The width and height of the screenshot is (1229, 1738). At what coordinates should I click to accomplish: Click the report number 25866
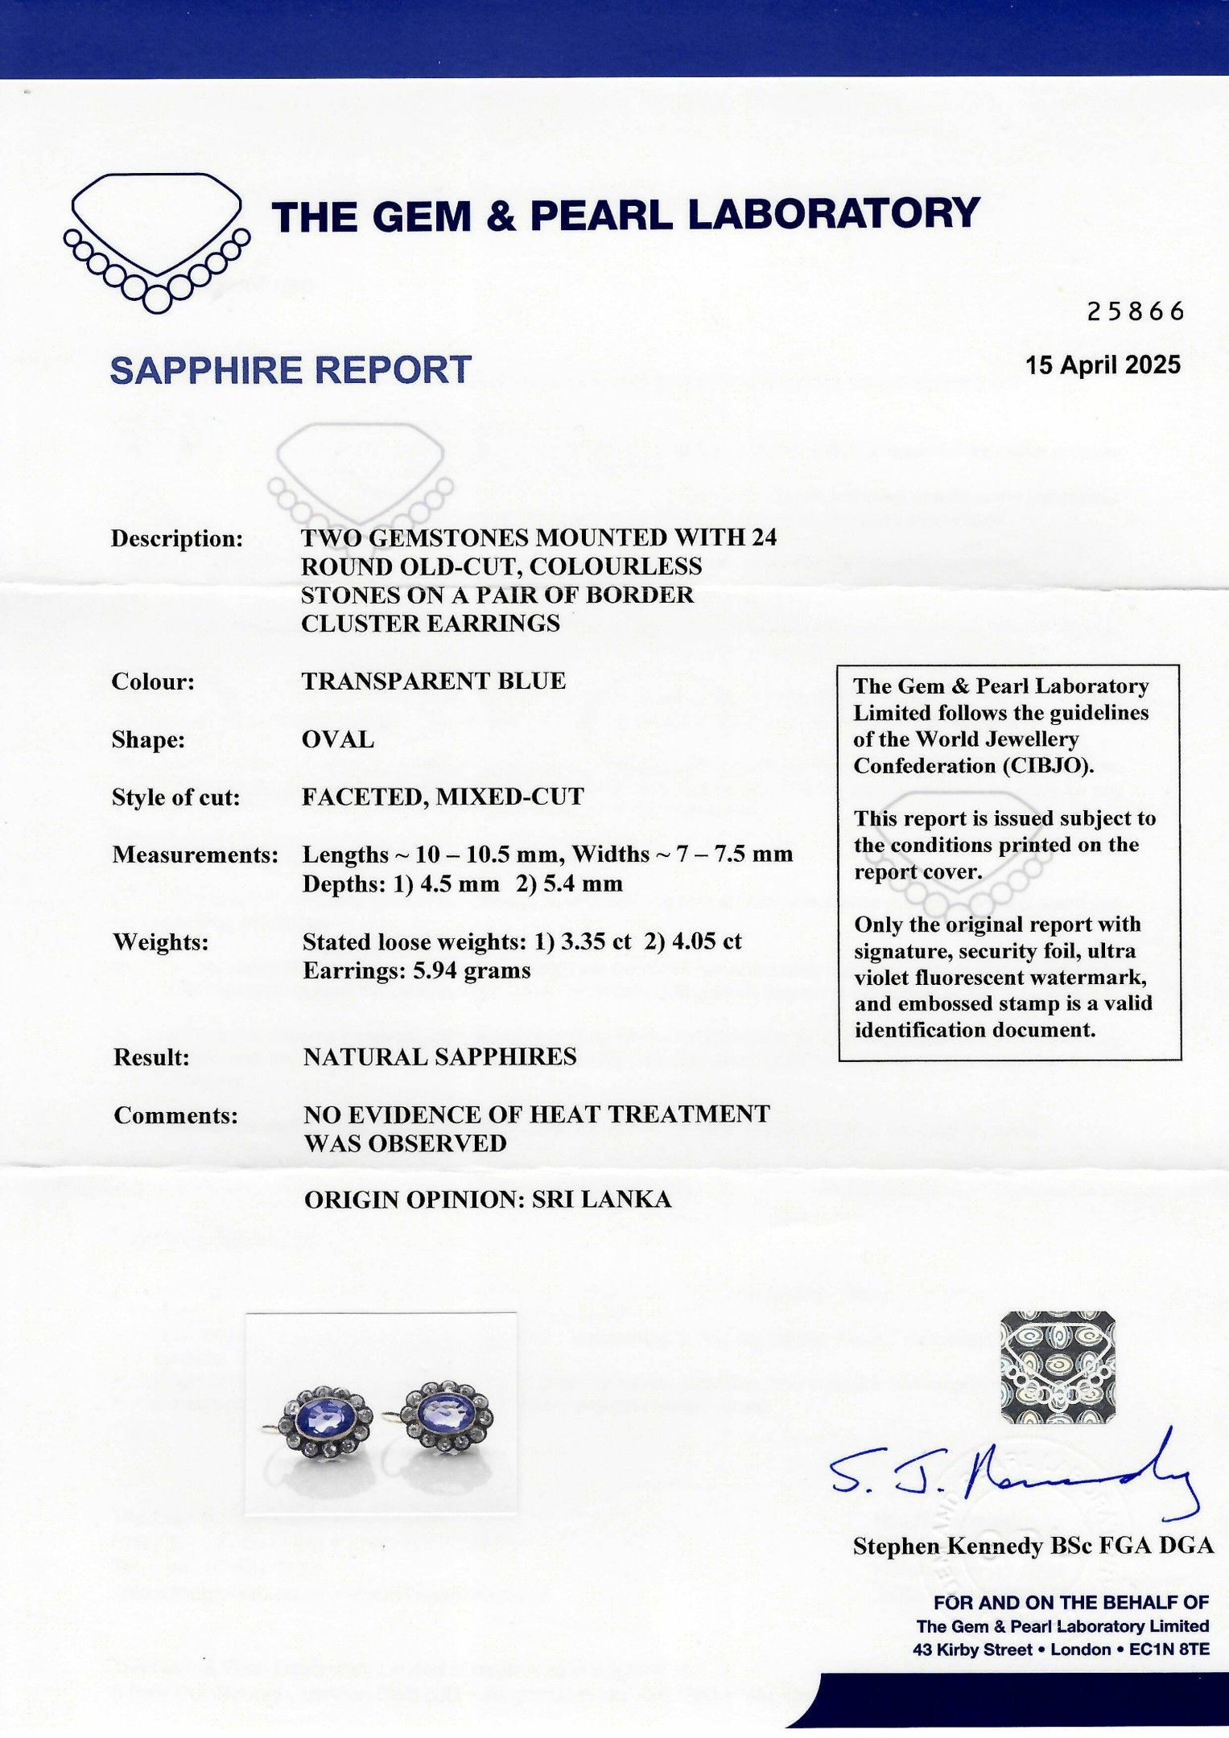(x=1135, y=311)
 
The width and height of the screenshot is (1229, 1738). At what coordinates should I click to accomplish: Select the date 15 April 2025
(x=1102, y=365)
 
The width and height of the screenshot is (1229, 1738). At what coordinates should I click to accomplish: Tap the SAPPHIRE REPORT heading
(x=291, y=370)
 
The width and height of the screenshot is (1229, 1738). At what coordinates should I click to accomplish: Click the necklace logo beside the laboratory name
(x=156, y=241)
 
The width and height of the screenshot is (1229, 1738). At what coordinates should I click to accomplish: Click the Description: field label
(x=177, y=538)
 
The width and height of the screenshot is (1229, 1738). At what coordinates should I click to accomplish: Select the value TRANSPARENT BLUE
(x=434, y=681)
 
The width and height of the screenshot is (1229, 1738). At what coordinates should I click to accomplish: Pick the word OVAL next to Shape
(x=338, y=739)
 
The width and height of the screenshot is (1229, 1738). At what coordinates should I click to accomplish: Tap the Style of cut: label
(x=175, y=797)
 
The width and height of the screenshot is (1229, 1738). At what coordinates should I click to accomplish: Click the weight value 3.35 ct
(x=596, y=941)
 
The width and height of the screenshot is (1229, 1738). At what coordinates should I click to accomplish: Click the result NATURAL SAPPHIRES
(x=439, y=1056)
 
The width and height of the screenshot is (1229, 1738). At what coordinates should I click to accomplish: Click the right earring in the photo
(x=445, y=1415)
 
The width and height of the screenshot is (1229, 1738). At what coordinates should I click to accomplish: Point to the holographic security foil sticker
(x=1057, y=1367)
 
